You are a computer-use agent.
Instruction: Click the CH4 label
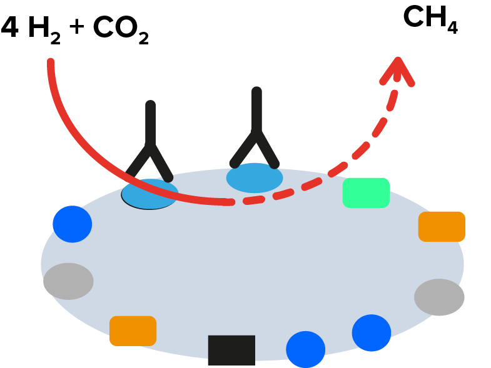coord(430,19)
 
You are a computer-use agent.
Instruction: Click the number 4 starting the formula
coord(10,27)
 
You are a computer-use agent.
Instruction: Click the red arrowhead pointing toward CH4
coord(398,69)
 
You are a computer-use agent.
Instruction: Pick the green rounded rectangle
coord(366,192)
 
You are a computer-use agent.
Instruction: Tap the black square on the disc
coord(231,350)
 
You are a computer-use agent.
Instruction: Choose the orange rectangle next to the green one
coord(442,226)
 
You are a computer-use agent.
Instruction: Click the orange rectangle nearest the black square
coord(133,331)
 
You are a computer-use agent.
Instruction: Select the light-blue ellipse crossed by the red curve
coord(149,194)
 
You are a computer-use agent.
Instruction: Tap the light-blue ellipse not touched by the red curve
coord(255,178)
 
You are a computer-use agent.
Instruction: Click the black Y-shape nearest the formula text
coord(150,144)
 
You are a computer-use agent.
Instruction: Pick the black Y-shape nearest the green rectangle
coord(256,131)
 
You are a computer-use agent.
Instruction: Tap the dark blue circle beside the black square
coord(306,349)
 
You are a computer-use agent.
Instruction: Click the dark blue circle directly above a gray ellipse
coord(72,224)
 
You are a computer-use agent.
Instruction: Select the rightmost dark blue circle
coord(372,333)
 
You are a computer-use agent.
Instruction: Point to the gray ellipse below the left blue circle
coord(68,281)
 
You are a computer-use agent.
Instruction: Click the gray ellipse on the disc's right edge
coord(439,297)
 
